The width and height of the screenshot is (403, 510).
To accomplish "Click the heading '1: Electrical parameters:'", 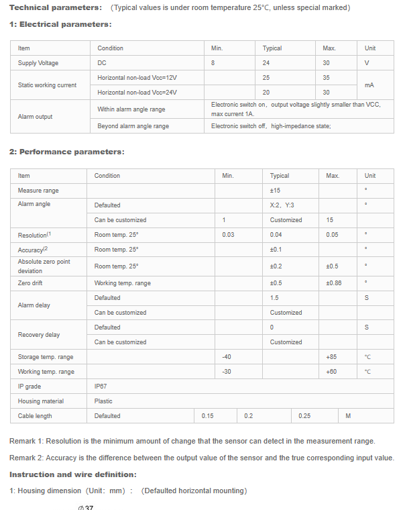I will point(60,24).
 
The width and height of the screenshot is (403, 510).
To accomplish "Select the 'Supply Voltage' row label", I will point(38,63).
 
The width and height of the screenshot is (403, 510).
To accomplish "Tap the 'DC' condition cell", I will point(102,63).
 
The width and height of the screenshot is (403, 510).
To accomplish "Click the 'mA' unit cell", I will point(369,85).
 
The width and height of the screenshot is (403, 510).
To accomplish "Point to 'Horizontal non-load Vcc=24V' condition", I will point(137,93).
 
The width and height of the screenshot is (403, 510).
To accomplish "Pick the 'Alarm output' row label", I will point(35,117).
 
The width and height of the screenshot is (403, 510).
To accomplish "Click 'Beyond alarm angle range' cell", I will point(133,126).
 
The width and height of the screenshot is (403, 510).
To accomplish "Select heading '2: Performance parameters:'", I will point(66,152).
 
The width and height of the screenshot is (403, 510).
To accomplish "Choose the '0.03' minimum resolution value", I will point(229,235).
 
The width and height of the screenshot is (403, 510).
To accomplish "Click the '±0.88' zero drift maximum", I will point(334,283).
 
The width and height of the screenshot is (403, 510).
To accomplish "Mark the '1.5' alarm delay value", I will point(274,298).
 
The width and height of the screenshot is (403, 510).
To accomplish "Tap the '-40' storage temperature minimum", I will point(227,357).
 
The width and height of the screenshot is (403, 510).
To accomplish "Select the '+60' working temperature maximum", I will point(331,372).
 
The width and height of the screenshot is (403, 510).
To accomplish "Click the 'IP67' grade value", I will point(101,387).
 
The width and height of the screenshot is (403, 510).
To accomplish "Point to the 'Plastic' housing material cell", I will point(103,401).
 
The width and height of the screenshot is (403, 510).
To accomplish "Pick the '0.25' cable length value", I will point(304,416).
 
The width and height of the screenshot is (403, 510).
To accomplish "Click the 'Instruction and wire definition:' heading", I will point(72,474).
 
